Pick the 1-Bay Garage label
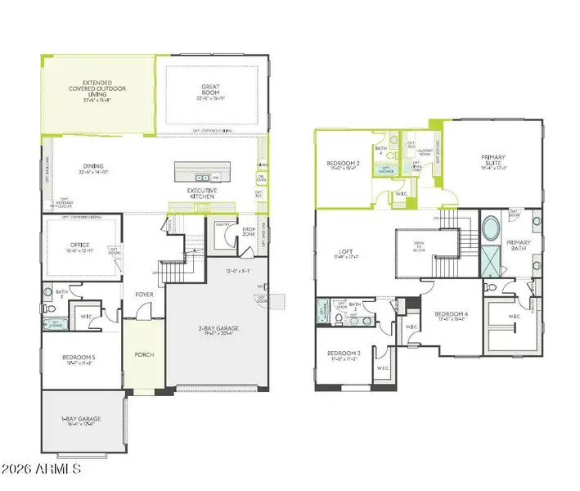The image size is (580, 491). tap(83, 421)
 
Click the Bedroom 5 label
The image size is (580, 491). tap(80, 359)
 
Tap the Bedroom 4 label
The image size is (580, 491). tap(451, 315)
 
